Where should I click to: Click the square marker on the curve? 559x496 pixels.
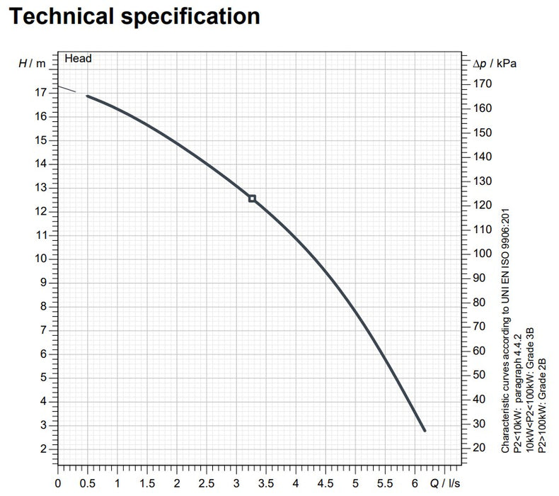click(252, 198)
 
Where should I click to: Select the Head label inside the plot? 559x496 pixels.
click(78, 59)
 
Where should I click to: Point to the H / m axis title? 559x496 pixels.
click(32, 63)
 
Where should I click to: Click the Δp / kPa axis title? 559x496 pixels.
click(495, 63)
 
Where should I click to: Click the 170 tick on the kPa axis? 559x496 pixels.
click(482, 84)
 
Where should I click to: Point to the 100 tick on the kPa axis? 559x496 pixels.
click(482, 254)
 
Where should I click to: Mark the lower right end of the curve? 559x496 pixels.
click(425, 430)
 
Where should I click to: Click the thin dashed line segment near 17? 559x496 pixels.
click(67, 89)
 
